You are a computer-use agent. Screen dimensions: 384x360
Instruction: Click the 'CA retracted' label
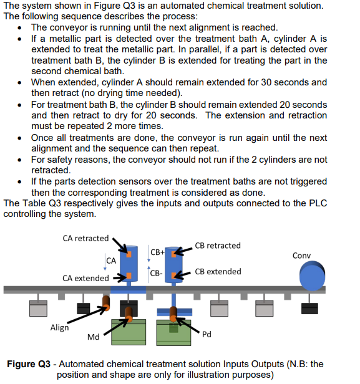pos(85,238)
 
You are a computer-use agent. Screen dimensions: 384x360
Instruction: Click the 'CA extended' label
pos(84,278)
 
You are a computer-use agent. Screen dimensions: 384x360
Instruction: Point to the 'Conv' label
pos(301,256)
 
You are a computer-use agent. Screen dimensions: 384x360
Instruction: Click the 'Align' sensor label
pos(59,327)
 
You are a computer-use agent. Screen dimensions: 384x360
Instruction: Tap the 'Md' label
pos(94,337)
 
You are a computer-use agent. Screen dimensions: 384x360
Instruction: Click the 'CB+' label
pos(157,251)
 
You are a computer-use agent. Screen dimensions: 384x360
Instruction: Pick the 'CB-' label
pos(157,273)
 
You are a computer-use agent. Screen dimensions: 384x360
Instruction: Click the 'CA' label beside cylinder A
pos(111,260)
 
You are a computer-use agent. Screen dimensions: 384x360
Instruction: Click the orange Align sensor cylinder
pos(106,305)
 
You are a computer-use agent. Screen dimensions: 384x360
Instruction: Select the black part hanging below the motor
pos(310,308)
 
